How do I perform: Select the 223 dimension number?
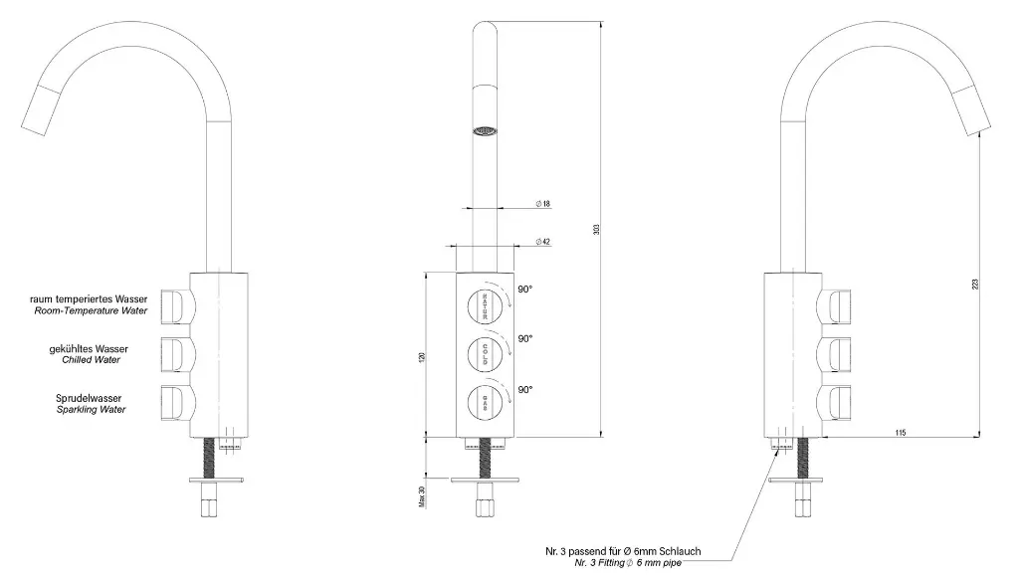[x=975, y=284]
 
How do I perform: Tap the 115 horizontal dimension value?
[x=899, y=431]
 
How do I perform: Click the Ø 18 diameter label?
[x=543, y=204]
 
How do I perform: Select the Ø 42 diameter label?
[x=543, y=242]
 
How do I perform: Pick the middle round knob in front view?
[x=485, y=351]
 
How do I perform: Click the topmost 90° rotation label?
[x=524, y=290]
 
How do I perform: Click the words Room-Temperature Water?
[x=90, y=310]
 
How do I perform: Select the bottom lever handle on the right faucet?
[x=838, y=402]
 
